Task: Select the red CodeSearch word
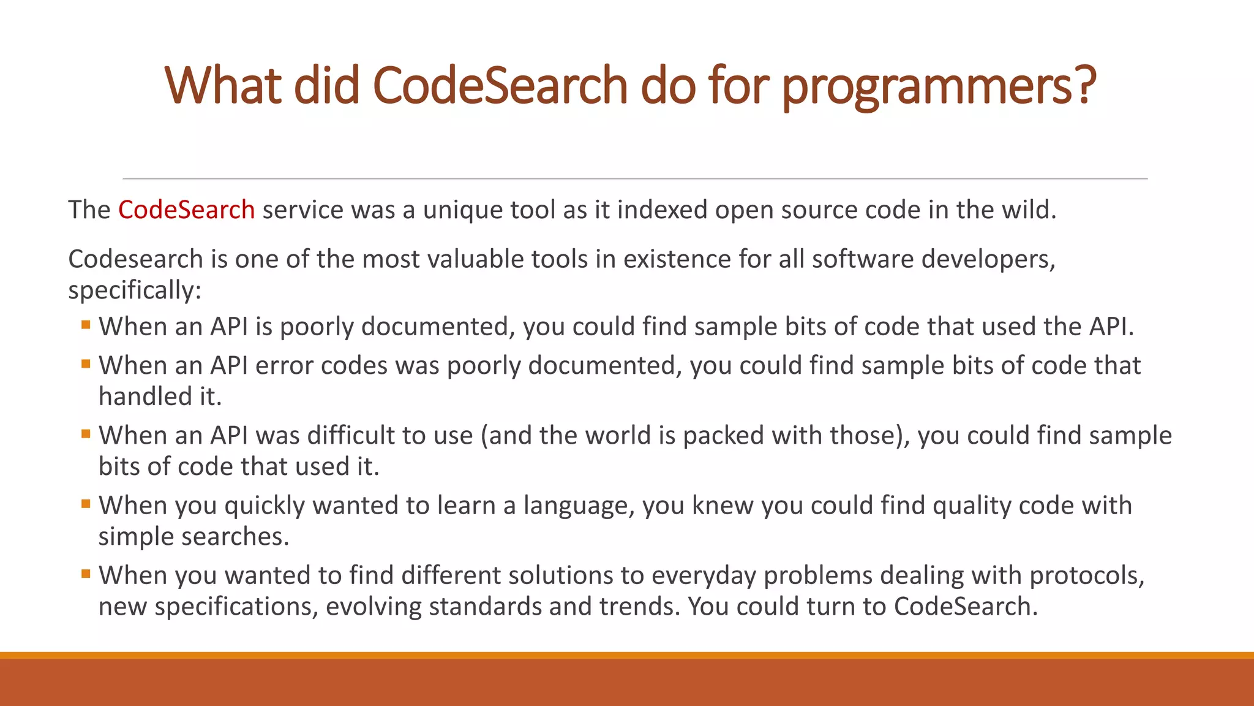coord(186,210)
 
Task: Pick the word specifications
coord(236,607)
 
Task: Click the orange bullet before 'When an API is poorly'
coord(86,324)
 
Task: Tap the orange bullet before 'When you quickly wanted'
coord(86,504)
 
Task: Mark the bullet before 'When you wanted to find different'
coord(86,574)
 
